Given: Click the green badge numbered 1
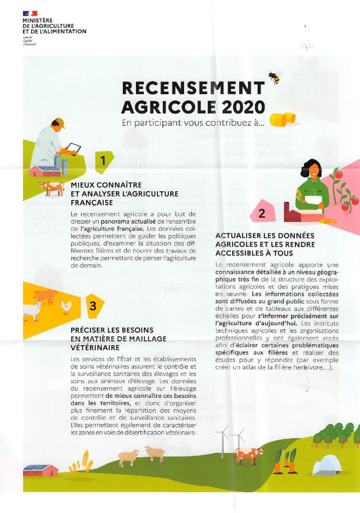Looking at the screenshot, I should [103, 161].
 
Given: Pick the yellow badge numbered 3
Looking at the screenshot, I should [93, 306].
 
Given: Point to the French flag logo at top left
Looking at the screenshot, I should [30, 12].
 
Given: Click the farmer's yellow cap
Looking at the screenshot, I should [60, 121].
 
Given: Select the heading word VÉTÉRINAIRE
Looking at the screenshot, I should [95, 347].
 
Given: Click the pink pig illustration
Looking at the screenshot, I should [45, 295].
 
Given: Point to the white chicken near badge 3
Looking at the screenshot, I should [66, 307].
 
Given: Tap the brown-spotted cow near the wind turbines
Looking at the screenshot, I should [249, 455].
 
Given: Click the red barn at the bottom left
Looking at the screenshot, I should [41, 469].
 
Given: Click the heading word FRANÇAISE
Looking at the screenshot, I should [92, 203].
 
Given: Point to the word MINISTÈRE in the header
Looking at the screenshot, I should [38, 21].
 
